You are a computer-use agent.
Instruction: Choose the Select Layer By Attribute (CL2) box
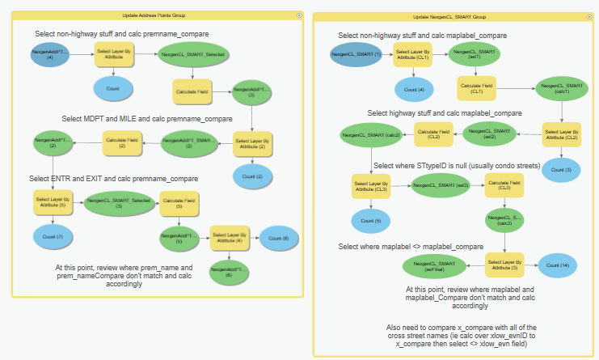[x=560, y=134]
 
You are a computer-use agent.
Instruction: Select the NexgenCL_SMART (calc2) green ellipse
[x=368, y=133]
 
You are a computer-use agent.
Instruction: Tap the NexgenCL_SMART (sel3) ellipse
[x=440, y=186]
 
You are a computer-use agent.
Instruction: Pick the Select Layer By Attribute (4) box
[x=231, y=238]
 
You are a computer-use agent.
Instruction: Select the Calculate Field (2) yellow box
[x=123, y=144]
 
